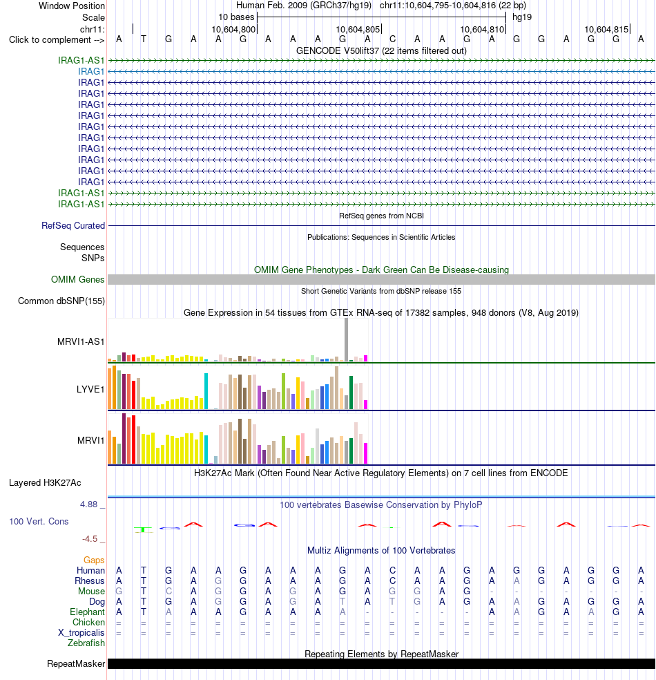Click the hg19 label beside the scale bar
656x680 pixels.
pyautogui.click(x=521, y=17)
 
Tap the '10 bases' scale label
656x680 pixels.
pyautogui.click(x=236, y=17)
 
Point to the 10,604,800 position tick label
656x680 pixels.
pyautogui.click(x=233, y=30)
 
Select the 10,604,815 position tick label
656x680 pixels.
pyautogui.click(x=606, y=30)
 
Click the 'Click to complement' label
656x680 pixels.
pyautogui.click(x=57, y=40)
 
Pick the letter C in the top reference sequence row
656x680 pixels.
pyautogui.click(x=392, y=39)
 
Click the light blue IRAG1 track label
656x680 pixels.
pyautogui.click(x=91, y=72)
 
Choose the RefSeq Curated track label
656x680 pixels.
pyautogui.click(x=73, y=225)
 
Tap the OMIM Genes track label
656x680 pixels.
pyautogui.click(x=77, y=280)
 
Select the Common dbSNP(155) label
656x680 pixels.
pyautogui.click(x=61, y=301)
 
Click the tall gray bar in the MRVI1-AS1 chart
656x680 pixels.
pyautogui.click(x=346, y=339)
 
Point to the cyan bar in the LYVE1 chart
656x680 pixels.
pyautogui.click(x=206, y=391)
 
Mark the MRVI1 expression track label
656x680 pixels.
pyautogui.click(x=90, y=441)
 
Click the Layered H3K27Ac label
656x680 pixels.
pyautogui.click(x=45, y=482)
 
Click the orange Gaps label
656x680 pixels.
pyautogui.click(x=94, y=560)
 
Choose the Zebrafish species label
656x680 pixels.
pyautogui.click(x=86, y=643)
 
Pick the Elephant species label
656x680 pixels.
pyautogui.click(x=87, y=612)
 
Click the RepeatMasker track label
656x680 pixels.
pyautogui.click(x=76, y=664)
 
